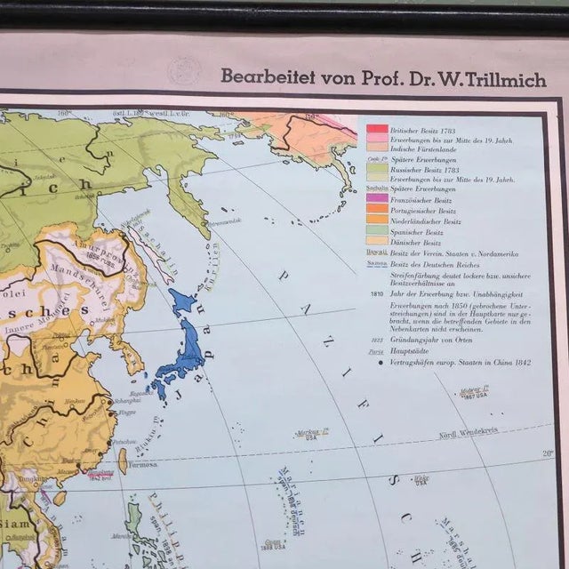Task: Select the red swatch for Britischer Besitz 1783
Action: click(x=375, y=129)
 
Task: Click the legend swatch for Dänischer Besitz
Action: click(x=375, y=242)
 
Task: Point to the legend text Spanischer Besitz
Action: click(x=421, y=231)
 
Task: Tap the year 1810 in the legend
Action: click(x=373, y=291)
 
